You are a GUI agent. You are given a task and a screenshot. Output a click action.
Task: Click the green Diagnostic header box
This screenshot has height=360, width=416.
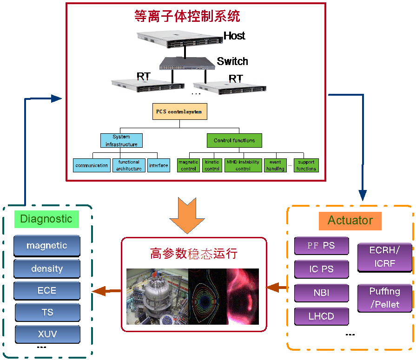46,219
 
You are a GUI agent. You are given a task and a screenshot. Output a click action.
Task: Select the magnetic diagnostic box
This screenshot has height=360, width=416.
46,245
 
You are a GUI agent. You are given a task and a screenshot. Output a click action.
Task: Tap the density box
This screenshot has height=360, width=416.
46,268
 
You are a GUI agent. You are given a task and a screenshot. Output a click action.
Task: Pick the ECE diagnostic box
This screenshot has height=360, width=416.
46,290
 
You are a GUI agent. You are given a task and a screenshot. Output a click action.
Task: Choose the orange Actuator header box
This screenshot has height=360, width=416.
350,220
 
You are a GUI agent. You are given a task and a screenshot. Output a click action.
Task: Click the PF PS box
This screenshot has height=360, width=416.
321,245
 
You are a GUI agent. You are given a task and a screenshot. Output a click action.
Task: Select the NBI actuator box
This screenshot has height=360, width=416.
321,293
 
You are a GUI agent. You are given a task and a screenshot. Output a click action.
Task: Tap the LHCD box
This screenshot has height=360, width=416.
321,316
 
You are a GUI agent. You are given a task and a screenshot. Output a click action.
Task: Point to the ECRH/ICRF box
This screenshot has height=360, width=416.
384,257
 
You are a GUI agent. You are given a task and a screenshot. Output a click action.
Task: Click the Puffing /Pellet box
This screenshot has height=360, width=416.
384,298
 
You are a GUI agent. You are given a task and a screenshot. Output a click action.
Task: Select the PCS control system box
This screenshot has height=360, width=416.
179,111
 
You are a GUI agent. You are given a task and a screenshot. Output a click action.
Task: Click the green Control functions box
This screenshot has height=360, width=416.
234,140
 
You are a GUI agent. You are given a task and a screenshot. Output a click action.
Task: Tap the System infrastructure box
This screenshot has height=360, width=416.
121,141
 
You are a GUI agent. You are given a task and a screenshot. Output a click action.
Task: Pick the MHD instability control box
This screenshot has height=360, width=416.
243,165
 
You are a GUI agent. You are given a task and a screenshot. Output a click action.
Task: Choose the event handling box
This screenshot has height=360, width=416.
275,165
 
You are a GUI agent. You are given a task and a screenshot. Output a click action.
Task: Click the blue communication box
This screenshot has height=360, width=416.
92,165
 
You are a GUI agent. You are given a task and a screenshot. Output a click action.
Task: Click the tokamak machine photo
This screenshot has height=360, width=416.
157,296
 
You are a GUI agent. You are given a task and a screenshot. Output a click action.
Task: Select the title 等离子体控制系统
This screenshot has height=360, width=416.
187,17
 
